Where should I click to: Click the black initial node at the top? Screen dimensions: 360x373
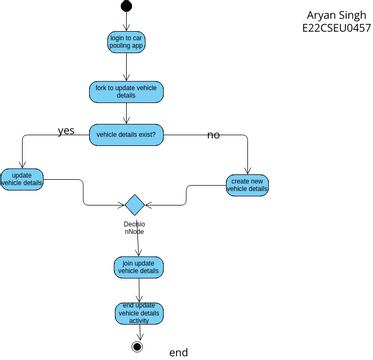click(127, 7)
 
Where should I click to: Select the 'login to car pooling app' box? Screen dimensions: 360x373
click(127, 41)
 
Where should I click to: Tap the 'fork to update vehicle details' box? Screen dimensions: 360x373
click(127, 92)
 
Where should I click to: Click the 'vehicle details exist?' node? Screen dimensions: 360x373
click(127, 134)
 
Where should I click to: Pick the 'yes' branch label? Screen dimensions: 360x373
click(66, 131)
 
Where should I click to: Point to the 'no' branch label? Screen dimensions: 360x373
click(213, 134)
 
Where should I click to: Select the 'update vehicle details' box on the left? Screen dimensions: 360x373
click(21, 179)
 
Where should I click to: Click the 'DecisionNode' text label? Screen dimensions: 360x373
click(134, 228)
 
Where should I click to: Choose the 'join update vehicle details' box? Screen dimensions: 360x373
click(137, 267)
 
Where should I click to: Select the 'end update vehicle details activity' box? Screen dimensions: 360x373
click(137, 313)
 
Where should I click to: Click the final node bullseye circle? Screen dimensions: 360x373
click(137, 347)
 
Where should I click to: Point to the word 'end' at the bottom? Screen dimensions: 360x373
click(178, 352)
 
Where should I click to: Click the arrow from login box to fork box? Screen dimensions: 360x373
click(127, 67)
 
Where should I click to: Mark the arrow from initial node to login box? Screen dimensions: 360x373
click(127, 21)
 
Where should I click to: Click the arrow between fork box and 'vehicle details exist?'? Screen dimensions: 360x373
click(127, 113)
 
